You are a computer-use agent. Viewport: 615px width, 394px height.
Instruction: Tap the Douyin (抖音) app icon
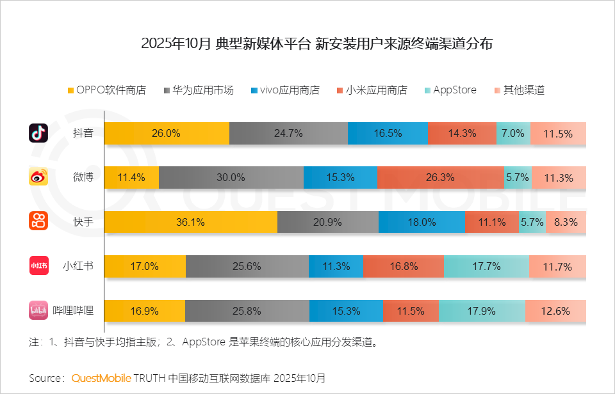coord(38,133)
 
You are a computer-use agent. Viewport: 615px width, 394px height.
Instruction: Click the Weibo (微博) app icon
coord(38,177)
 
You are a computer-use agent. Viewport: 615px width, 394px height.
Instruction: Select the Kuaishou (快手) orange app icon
coord(38,221)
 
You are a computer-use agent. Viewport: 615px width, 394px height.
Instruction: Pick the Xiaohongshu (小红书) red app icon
coord(38,265)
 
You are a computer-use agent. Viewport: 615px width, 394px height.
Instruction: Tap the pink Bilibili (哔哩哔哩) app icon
coord(38,310)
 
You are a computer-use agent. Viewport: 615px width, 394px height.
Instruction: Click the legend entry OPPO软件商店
coord(106,90)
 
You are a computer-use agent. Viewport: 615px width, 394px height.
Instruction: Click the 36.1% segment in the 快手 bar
coord(190,222)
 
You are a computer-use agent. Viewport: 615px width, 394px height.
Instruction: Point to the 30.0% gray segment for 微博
coord(231,178)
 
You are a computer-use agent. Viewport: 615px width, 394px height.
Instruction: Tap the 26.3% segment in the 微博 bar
coord(440,178)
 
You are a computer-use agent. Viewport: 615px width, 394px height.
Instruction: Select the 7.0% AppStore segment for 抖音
coord(513,134)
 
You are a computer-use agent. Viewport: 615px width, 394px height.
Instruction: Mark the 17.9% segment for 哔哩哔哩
coord(481,311)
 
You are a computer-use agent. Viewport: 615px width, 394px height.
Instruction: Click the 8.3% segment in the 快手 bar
coord(566,222)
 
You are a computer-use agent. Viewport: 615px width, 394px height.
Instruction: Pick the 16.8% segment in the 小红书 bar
coord(403,266)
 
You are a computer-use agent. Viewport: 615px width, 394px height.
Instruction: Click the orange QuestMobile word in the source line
coord(101,377)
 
